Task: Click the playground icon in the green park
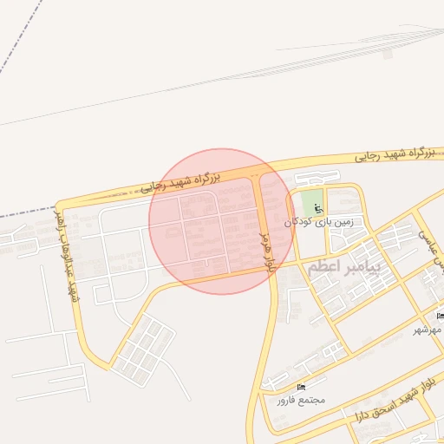[318, 208]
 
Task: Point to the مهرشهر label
[427, 330]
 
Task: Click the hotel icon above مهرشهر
[441, 315]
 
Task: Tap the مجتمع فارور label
[300, 400]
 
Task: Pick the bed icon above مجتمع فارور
[301, 386]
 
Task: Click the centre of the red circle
[221, 221]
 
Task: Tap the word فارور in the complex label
[287, 400]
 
